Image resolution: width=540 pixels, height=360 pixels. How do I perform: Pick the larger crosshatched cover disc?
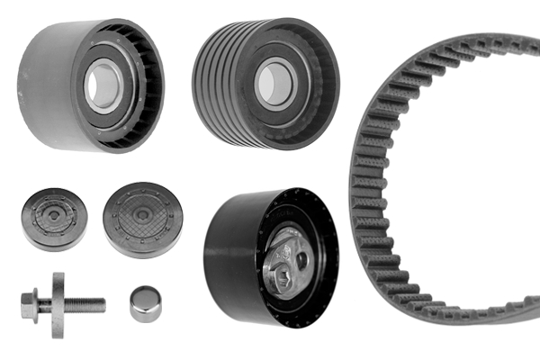tap(142, 220)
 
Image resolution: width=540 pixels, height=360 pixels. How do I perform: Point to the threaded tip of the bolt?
tap(98, 304)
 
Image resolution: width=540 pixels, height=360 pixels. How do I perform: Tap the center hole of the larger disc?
tap(142, 218)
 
